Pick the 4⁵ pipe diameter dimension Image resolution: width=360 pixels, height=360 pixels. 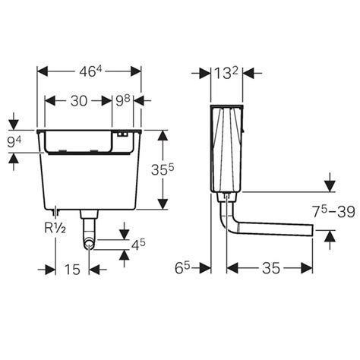pos(137,245)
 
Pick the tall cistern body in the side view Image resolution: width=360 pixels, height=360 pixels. pos(228,152)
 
